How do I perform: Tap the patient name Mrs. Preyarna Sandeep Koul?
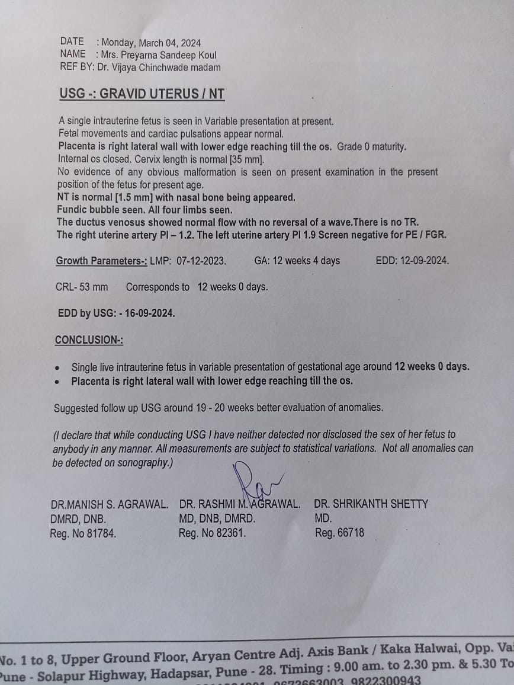click(159, 55)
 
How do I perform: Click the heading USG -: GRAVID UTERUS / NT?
click(142, 94)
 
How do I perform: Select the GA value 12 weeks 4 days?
click(306, 261)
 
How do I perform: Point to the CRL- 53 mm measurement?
click(82, 287)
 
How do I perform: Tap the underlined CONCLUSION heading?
click(89, 340)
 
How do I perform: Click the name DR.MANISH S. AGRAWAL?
click(110, 504)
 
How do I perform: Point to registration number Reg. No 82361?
click(212, 533)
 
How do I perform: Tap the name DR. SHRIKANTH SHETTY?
click(371, 504)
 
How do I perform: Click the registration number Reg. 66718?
click(339, 533)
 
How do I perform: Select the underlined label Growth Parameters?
click(101, 261)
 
